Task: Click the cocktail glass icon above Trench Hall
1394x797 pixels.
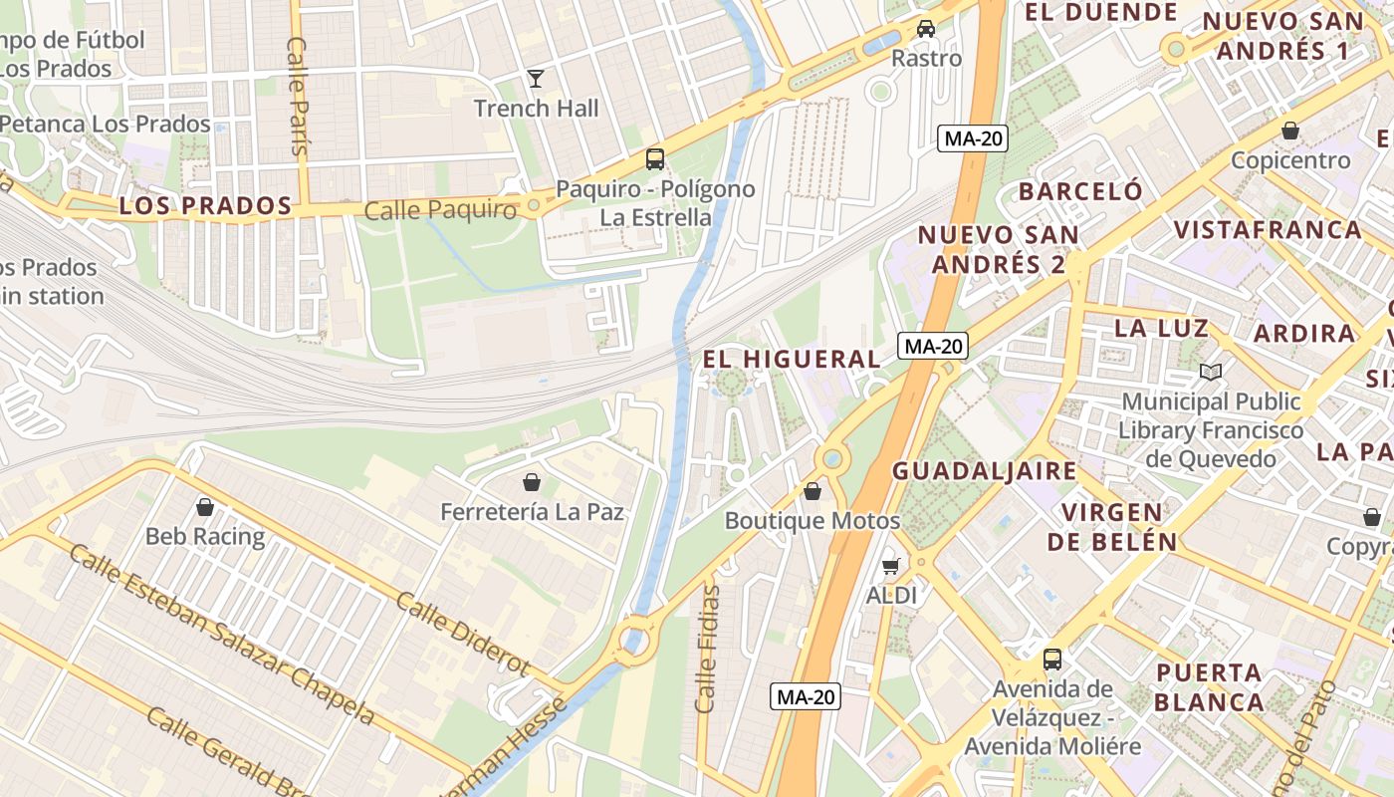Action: click(536, 78)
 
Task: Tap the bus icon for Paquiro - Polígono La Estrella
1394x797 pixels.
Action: click(655, 158)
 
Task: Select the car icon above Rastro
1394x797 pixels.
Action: click(926, 28)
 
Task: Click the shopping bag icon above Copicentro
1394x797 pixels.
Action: click(1290, 131)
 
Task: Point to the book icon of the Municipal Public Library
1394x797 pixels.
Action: click(1211, 372)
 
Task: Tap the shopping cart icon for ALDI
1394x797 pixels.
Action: click(891, 566)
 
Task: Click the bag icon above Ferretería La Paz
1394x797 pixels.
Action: click(532, 482)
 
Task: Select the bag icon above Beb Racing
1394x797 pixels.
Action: click(205, 507)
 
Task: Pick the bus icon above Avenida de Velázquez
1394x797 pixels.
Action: click(1051, 659)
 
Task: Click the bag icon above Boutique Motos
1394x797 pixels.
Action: click(813, 491)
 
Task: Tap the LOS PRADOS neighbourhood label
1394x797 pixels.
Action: click(205, 206)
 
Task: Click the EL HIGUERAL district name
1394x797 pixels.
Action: click(792, 359)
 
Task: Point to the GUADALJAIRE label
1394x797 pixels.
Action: click(984, 471)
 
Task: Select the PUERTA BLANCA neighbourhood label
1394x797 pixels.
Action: click(1210, 686)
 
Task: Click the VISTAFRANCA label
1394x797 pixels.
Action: click(1268, 230)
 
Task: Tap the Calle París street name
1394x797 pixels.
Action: click(298, 96)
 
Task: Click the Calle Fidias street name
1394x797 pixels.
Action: click(708, 649)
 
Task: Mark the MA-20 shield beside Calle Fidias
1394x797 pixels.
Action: click(806, 697)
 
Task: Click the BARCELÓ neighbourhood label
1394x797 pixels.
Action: click(1080, 191)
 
